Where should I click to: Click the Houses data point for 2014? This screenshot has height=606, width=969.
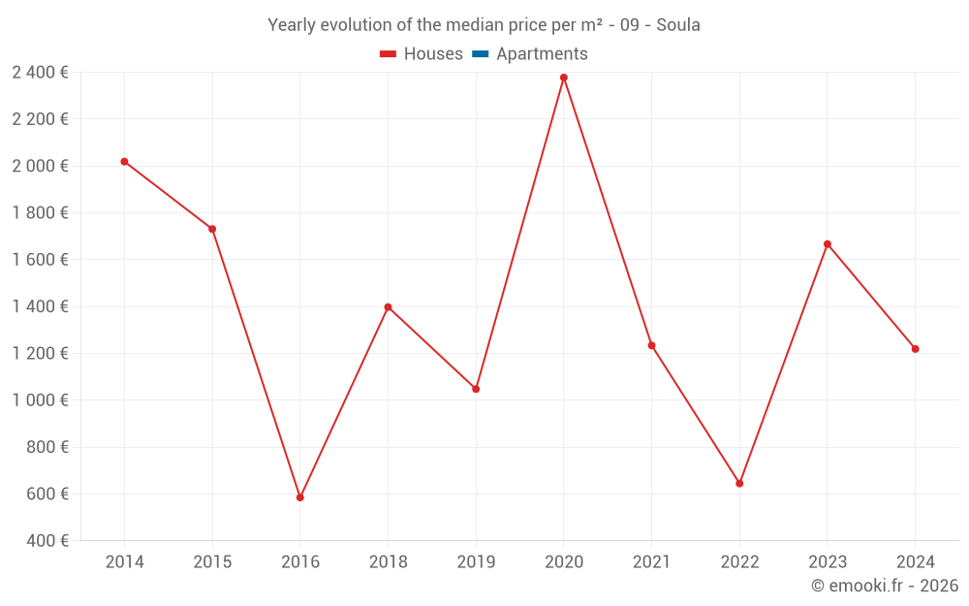pos(124,162)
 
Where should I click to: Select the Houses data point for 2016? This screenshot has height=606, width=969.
pos(300,497)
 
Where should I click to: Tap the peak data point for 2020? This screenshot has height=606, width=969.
pos(564,78)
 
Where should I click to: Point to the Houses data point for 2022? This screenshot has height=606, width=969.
pos(739,483)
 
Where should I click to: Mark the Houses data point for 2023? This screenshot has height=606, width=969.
pos(828,244)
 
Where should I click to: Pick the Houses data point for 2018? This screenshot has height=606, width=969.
pos(388,307)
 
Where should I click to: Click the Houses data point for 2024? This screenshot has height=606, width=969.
pos(916,349)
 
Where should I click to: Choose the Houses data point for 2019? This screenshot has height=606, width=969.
pos(476,389)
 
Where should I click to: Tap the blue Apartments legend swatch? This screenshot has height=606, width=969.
pos(480,54)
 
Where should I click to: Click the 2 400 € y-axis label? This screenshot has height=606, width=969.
pos(40,72)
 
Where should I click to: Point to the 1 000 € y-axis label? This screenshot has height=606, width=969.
pos(40,400)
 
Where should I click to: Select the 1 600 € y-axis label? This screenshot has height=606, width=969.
pos(40,260)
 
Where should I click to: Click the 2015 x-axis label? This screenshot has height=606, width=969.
pos(212,562)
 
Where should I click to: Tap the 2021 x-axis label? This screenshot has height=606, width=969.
pos(651,562)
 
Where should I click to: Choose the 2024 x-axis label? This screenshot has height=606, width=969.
pos(916,562)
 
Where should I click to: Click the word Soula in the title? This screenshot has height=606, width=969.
pos(678,25)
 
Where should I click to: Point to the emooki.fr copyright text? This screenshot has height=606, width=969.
pos(885,586)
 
